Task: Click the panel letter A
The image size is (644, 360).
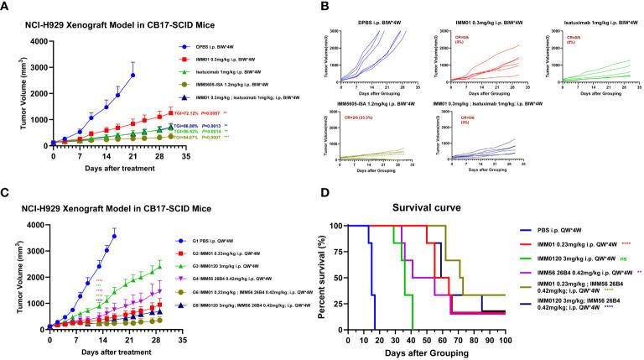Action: click(7, 8)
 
